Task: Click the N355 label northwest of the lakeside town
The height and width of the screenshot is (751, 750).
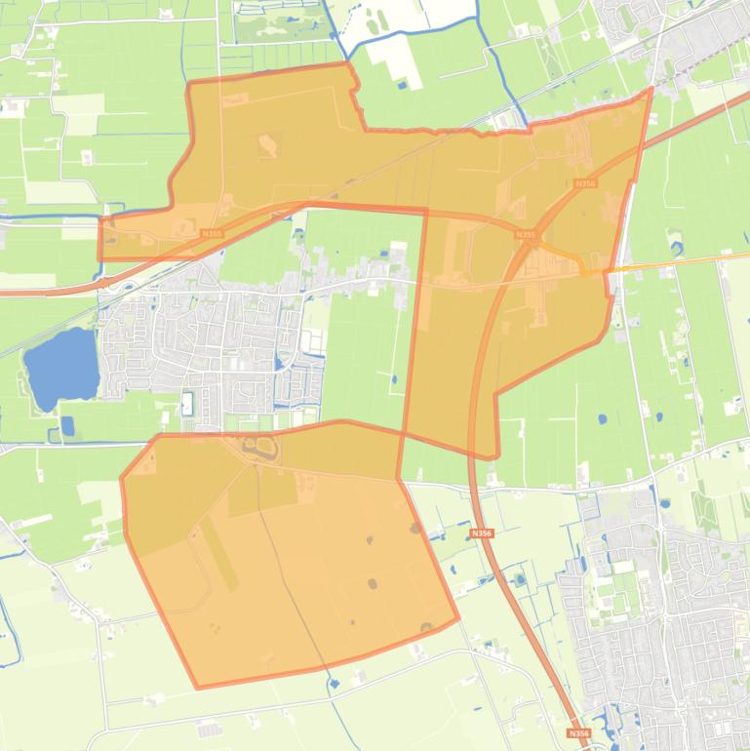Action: click(212, 234)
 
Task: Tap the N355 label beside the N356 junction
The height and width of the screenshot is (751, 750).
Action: click(525, 235)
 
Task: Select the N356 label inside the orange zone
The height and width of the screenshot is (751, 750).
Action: click(585, 183)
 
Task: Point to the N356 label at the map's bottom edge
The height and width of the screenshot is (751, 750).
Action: click(578, 732)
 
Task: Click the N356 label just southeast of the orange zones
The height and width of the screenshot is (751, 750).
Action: click(481, 534)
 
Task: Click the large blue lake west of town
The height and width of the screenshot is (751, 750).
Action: click(60, 368)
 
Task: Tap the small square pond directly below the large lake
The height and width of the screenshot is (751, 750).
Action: click(66, 425)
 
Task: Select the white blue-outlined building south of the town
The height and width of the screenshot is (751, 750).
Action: click(187, 404)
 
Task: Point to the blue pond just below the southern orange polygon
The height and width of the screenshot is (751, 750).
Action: click(335, 684)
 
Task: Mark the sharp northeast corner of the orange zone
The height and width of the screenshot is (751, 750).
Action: click(651, 89)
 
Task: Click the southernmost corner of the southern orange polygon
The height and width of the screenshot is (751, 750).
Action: click(198, 688)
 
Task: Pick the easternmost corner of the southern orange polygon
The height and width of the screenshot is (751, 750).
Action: click(457, 617)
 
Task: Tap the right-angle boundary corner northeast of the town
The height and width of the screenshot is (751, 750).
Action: click(426, 210)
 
